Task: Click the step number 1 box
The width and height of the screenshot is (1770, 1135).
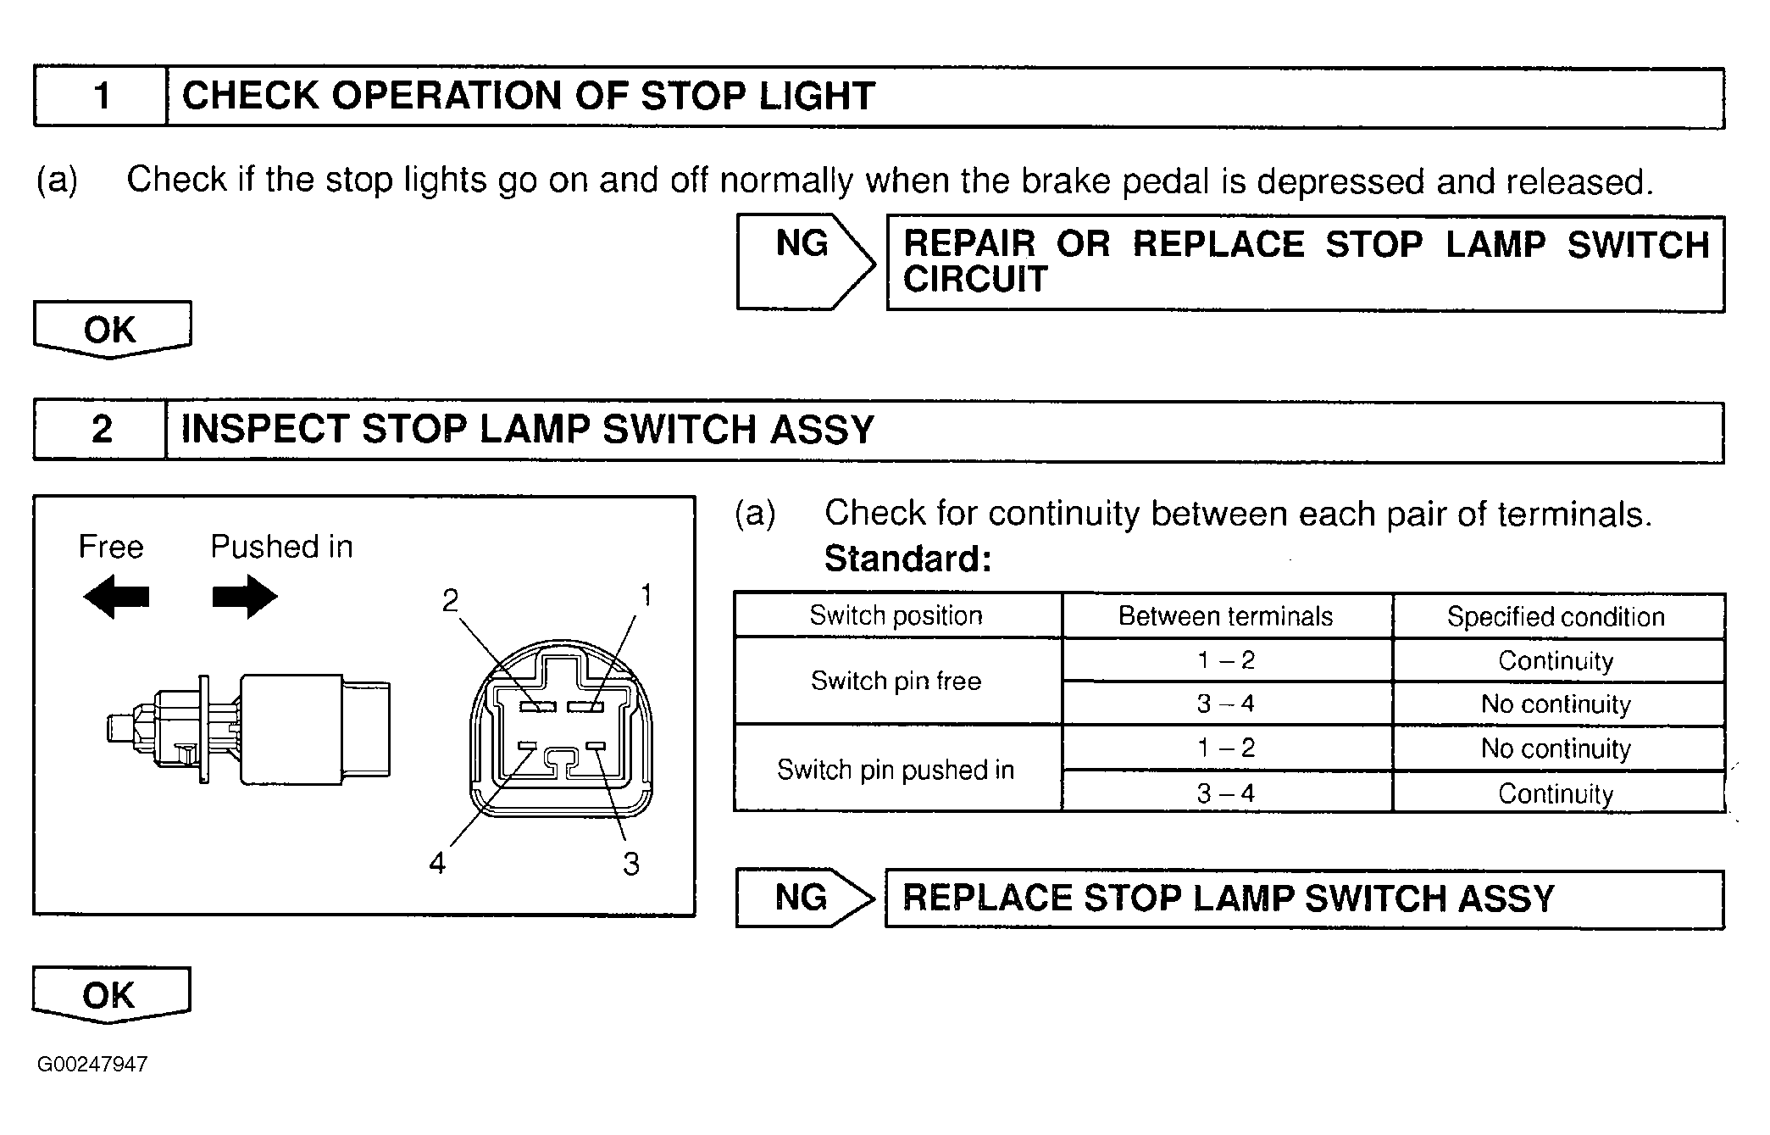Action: (101, 96)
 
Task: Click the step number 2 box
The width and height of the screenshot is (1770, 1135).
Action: (101, 430)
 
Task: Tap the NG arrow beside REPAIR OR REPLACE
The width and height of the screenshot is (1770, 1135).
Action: (803, 261)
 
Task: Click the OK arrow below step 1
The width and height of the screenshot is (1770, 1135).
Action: (111, 329)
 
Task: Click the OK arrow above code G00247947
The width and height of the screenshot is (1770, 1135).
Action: (110, 994)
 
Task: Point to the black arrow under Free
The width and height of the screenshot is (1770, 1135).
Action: (116, 597)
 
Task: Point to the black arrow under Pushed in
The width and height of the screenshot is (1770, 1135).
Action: (245, 597)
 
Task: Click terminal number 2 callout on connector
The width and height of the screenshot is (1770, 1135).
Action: (451, 601)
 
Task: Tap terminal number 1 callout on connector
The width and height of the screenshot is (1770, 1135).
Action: (646, 596)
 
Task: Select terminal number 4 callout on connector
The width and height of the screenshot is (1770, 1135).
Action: (437, 863)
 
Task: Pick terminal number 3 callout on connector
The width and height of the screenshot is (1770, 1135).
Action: (631, 864)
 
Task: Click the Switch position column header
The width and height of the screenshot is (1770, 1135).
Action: (896, 615)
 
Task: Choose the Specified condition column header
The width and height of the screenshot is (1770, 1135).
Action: (1556, 616)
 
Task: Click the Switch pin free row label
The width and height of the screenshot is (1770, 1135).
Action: (896, 681)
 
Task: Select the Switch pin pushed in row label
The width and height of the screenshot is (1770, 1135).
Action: (896, 770)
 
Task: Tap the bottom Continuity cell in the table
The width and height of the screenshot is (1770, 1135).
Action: (1556, 793)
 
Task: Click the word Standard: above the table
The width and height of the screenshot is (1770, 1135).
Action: (907, 559)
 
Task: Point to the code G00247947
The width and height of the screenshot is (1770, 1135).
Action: (92, 1065)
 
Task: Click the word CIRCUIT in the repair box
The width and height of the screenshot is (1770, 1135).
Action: (975, 280)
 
